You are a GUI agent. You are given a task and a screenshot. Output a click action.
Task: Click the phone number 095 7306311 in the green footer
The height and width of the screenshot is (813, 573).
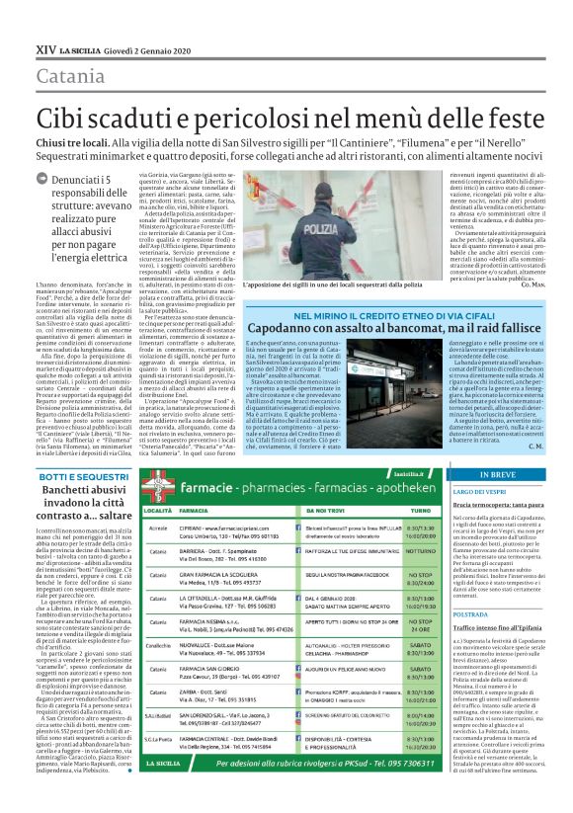pos(403,792)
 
